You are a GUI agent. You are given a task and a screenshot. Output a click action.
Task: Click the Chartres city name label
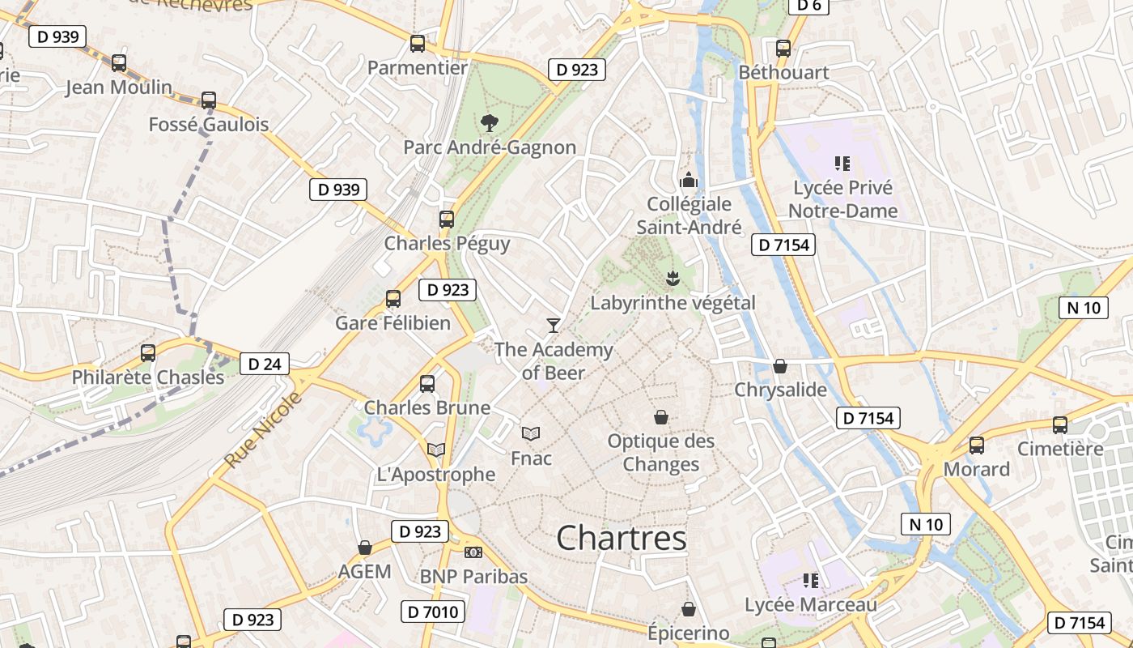tap(622, 538)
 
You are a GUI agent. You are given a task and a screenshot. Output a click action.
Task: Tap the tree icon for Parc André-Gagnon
tap(489, 123)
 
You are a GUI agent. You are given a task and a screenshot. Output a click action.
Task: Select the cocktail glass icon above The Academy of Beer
tap(554, 325)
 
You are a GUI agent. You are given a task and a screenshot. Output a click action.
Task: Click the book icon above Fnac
tap(531, 434)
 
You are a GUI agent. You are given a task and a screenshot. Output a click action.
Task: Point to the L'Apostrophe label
tap(436, 474)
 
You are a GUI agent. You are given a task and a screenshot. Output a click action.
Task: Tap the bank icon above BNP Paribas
tap(473, 552)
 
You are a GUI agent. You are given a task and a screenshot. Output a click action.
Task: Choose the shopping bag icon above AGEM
tap(365, 548)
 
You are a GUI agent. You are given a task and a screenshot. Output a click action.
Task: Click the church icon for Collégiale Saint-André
tap(689, 180)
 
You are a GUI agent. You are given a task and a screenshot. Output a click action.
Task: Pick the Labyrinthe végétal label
tap(673, 303)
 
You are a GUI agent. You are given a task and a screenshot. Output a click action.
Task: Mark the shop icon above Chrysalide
tap(780, 366)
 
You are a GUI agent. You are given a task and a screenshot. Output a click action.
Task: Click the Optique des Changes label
tap(661, 453)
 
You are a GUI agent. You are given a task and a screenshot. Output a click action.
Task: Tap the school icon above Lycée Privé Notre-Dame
tap(842, 164)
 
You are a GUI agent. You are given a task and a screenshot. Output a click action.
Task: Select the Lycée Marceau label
tap(811, 605)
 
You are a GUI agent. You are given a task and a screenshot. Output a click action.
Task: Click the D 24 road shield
tap(265, 364)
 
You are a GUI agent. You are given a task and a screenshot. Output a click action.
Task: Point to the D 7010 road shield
tap(432, 611)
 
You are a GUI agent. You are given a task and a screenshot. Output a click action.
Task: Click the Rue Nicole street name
tap(263, 429)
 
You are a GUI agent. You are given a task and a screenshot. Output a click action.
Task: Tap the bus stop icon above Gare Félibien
tap(393, 299)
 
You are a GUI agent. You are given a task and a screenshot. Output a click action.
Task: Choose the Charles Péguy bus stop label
tap(447, 243)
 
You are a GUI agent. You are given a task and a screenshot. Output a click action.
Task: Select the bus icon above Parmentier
tap(418, 44)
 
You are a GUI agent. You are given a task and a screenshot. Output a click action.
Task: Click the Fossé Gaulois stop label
tap(209, 125)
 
